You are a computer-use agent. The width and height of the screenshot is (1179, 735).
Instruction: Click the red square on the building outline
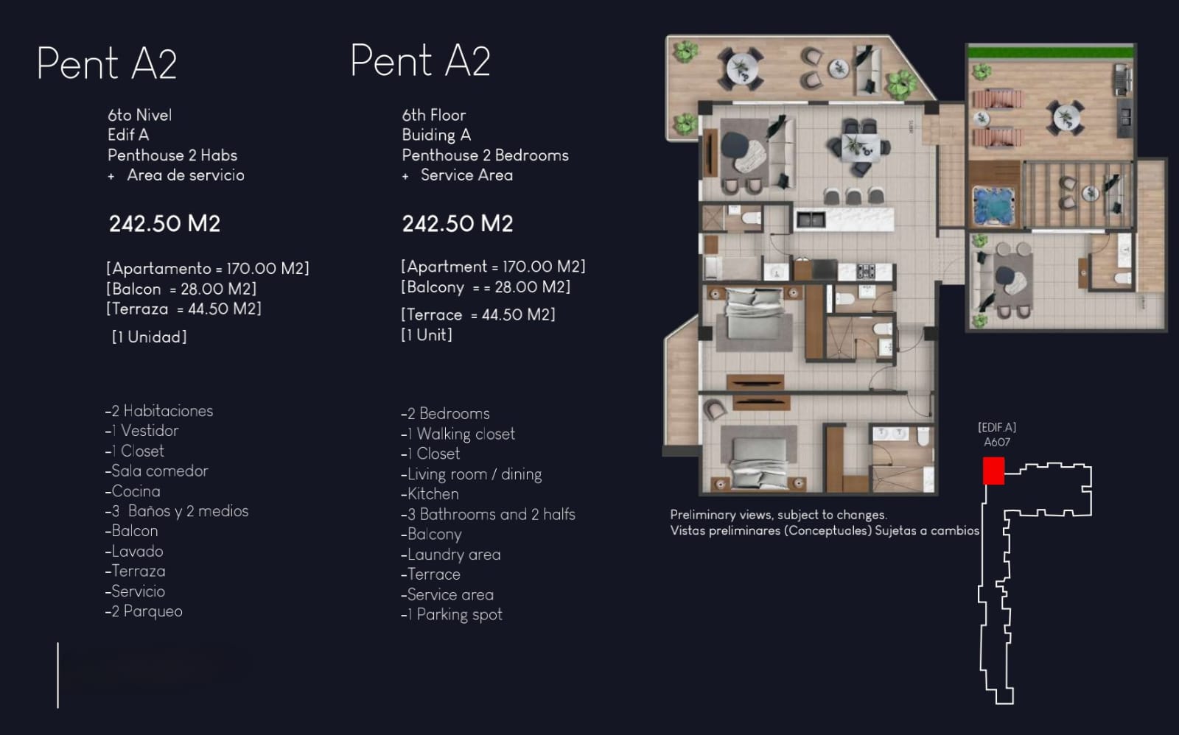[994, 471]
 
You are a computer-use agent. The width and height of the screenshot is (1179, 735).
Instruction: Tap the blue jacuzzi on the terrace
[994, 205]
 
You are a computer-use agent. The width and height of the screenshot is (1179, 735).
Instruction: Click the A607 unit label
[997, 442]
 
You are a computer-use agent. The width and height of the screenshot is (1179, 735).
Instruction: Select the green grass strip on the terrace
[1051, 52]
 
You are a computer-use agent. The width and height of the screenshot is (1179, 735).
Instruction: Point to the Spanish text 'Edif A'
[128, 136]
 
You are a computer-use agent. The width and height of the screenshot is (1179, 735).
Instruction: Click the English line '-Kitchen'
[430, 494]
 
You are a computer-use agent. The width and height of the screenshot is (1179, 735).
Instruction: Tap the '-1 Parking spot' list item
[452, 614]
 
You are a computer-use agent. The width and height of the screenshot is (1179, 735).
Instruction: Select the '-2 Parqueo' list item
[144, 611]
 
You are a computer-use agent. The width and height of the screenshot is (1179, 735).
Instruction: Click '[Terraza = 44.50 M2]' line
[183, 309]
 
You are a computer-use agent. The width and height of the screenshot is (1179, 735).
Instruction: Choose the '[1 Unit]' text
[427, 335]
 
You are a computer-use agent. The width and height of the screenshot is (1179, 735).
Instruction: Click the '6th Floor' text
[434, 115]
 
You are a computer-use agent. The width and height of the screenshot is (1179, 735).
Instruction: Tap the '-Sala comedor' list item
[157, 471]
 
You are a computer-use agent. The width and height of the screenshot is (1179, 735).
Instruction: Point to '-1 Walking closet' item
[458, 434]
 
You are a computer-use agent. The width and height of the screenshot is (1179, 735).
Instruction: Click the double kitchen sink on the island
[810, 219]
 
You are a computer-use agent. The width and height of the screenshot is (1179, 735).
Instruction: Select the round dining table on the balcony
[741, 69]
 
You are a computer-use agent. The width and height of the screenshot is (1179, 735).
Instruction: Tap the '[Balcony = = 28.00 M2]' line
[486, 287]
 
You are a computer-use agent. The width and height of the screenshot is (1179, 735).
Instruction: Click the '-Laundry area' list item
[451, 555]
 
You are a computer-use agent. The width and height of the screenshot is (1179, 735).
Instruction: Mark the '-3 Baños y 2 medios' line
[177, 511]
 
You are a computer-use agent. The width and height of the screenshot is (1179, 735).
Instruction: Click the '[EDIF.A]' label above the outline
[997, 427]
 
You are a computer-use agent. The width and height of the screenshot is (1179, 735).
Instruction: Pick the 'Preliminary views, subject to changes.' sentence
[778, 515]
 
